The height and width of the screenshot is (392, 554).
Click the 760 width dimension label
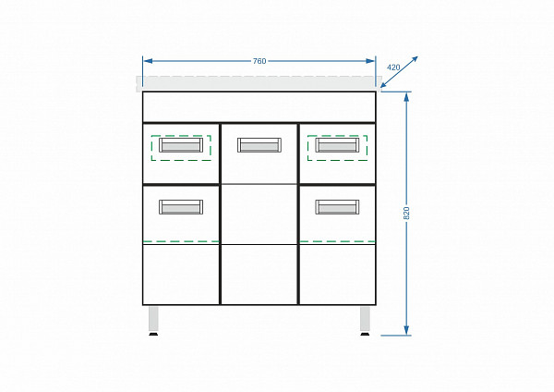click(259, 61)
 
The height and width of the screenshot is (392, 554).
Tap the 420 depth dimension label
click(393, 67)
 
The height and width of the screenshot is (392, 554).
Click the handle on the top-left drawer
click(180, 145)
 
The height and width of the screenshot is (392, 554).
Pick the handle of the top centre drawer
click(259, 145)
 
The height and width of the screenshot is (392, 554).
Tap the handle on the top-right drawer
click(338, 145)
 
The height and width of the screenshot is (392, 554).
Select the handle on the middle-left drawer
click(180, 207)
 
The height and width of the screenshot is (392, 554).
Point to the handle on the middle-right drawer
click(338, 207)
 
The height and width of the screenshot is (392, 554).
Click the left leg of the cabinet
click(154, 320)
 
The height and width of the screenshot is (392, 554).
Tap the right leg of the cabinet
click(365, 320)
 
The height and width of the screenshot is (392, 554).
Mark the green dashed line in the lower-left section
click(181, 241)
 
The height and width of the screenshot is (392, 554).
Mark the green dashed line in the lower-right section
click(338, 241)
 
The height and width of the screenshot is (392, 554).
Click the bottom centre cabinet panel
click(259, 274)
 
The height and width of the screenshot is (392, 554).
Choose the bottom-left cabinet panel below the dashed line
click(181, 273)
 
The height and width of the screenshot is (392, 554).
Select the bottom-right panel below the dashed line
click(338, 273)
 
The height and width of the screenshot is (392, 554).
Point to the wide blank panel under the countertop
click(259, 106)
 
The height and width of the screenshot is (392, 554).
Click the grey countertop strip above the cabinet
click(259, 83)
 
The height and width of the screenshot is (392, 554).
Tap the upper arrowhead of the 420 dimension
click(415, 59)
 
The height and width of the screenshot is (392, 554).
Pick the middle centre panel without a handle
click(259, 214)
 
